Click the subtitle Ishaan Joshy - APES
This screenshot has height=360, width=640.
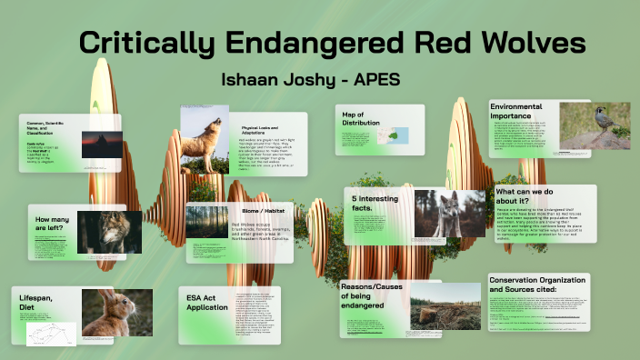tap(310, 80)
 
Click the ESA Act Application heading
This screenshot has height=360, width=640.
tap(206, 302)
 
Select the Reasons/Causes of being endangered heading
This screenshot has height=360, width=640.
tap(371, 296)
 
